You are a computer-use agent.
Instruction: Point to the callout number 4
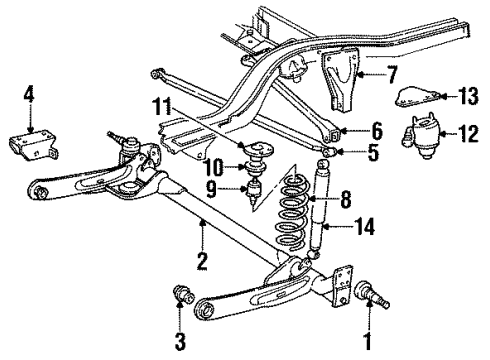click(x=30, y=97)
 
